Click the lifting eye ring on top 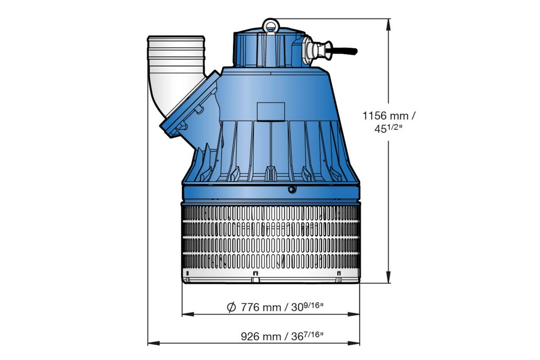[270, 24]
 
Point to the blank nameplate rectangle [270, 111]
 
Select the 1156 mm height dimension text [389, 116]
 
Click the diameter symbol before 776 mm [231, 308]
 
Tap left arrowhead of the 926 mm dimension [152, 343]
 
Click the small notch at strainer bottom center [256, 274]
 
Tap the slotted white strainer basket [270, 238]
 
